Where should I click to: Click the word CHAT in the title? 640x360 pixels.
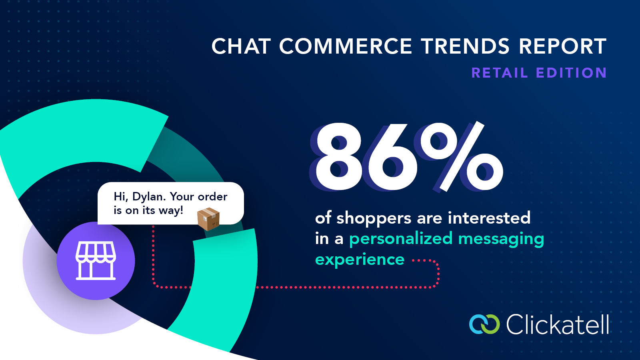point(241,46)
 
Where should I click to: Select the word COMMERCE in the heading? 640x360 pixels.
point(346,46)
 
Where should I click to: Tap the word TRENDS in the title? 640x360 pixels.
point(465,46)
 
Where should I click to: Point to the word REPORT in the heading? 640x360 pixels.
point(562,46)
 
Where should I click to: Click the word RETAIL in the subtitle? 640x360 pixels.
point(500,72)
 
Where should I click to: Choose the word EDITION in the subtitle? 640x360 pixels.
point(572,72)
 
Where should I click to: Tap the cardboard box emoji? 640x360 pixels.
point(208,219)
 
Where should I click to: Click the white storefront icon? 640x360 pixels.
point(96,260)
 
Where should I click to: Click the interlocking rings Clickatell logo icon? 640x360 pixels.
point(484,324)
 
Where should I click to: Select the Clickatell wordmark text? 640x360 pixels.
point(558,324)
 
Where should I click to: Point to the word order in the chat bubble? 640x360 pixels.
point(212,196)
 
